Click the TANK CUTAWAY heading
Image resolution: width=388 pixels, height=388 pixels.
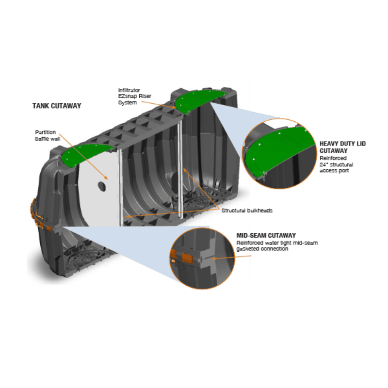pos(57,106)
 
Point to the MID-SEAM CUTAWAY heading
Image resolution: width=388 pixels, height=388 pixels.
pos(266,236)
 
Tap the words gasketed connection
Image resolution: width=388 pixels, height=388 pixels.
pos(262,249)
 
